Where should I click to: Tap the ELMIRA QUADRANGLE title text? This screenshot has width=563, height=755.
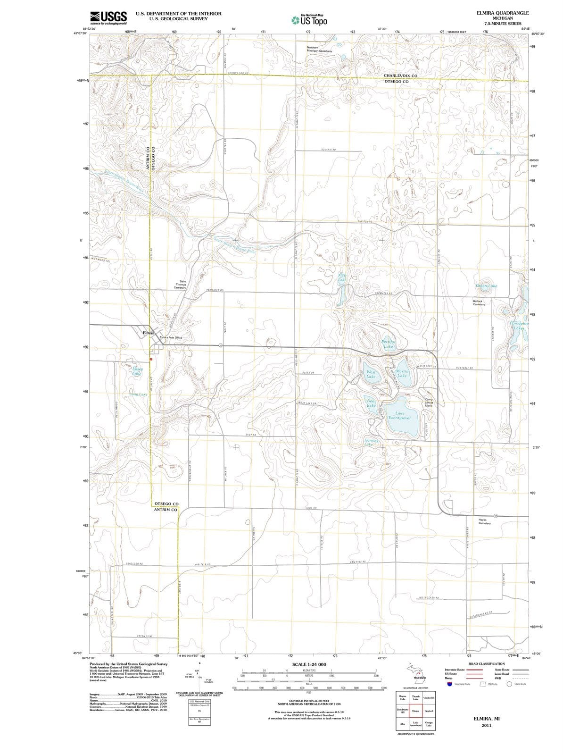(502, 13)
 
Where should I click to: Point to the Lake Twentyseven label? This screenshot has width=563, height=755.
(400, 416)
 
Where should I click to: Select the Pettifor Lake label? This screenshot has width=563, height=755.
(389, 344)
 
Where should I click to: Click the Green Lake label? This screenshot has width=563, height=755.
(486, 286)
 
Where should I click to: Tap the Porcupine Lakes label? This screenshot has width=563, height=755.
(520, 326)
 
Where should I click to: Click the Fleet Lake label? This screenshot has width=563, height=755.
(343, 277)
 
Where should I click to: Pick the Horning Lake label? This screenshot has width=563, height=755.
(371, 442)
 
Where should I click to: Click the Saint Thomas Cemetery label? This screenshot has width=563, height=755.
(180, 284)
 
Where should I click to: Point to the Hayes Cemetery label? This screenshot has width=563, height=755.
(485, 521)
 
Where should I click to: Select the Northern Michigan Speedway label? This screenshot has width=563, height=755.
(319, 49)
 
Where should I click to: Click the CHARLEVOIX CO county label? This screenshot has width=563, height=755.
(400, 75)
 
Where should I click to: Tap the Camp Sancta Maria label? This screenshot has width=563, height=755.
(429, 403)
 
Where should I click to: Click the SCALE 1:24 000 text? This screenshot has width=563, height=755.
(309, 664)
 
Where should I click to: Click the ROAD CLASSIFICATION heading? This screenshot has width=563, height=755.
(486, 664)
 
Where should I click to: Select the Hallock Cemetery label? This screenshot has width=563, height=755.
(482, 302)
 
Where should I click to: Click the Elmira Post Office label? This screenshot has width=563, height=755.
(171, 337)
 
